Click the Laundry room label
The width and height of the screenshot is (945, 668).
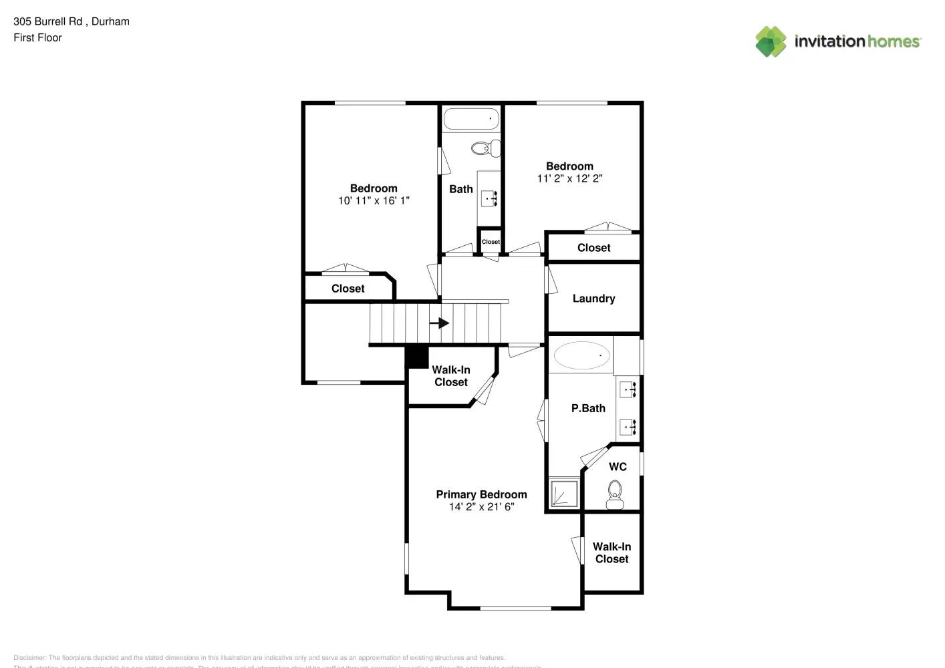click(593, 299)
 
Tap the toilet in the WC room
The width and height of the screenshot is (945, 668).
click(614, 494)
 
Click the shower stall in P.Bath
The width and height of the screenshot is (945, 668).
click(564, 494)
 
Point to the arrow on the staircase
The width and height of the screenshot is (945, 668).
click(439, 323)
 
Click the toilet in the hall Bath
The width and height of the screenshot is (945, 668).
click(486, 148)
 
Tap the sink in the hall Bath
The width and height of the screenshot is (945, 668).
click(489, 198)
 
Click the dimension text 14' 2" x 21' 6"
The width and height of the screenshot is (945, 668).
click(481, 507)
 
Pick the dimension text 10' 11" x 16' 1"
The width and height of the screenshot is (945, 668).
click(374, 200)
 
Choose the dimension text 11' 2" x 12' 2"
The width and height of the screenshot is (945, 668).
click(569, 178)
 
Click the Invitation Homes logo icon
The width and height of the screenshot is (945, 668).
click(771, 41)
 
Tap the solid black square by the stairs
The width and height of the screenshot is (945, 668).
click(418, 357)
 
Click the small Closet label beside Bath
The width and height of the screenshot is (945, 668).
click(491, 242)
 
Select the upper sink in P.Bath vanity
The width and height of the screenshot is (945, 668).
click(628, 388)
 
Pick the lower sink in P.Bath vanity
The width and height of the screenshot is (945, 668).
click(628, 426)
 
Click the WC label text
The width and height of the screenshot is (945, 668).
click(618, 466)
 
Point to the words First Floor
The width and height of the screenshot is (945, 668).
click(37, 37)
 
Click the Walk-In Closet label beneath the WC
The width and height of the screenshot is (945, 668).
click(612, 552)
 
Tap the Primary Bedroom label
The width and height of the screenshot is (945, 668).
click(481, 494)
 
